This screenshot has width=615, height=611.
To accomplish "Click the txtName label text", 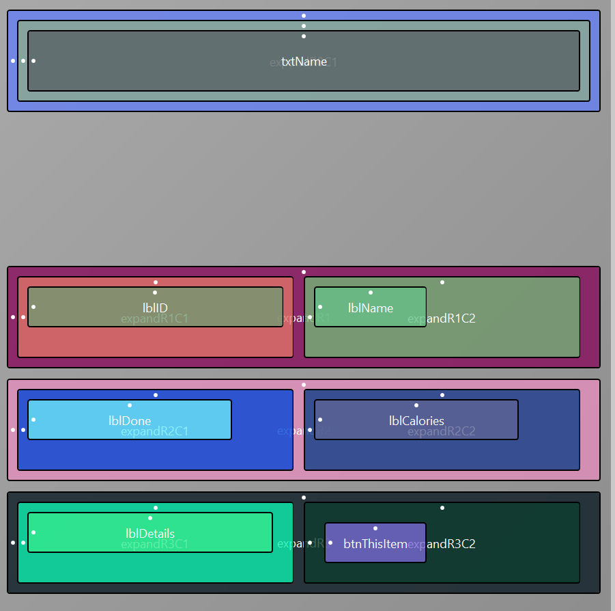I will pos(304,62).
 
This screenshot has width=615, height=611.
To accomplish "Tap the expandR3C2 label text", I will pos(451,544).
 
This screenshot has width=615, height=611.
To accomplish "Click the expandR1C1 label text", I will pos(154,318).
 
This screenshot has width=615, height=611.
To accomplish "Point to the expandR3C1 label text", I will pos(154,544).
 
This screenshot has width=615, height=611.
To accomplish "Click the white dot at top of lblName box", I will pos(371,293).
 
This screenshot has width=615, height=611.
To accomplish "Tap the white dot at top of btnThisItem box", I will pos(375,528).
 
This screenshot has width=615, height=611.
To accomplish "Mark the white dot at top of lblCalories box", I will pos(416,405).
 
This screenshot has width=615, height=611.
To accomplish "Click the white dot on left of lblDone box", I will pos(33,420).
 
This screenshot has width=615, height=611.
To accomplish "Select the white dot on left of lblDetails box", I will pos(33,532).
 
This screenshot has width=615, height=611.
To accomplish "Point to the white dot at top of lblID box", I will pos(156,293).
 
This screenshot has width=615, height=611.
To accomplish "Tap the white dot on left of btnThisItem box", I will pos(330,543).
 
